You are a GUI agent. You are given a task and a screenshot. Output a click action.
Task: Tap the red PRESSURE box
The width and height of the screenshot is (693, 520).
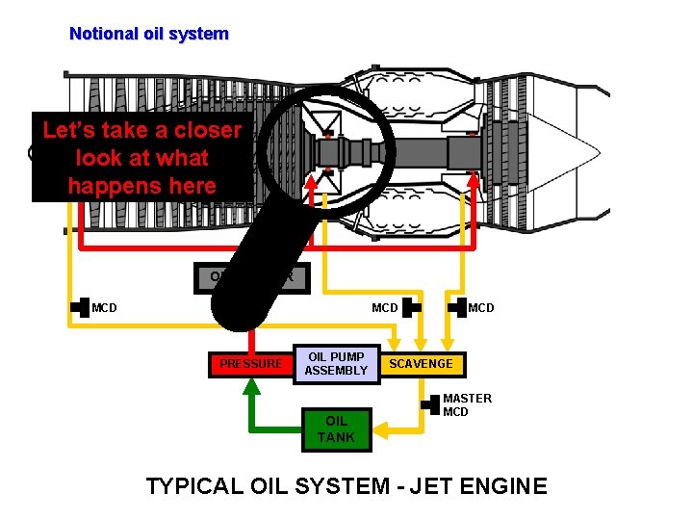251,364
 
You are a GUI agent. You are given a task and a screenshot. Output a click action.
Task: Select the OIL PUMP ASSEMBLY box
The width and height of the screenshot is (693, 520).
337,364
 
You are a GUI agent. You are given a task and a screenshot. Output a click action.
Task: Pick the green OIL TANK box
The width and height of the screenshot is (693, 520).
337,429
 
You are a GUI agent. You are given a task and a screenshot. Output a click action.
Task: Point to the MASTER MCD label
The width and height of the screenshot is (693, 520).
467,404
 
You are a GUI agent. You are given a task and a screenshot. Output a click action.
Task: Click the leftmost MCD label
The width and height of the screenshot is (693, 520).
104,308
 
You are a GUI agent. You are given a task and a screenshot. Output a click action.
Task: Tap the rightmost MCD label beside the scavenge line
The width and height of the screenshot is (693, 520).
481,308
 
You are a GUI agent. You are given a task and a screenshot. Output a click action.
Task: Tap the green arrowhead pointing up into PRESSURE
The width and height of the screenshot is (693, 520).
251,387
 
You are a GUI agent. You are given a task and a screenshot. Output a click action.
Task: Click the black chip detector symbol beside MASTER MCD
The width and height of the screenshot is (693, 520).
429,404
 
